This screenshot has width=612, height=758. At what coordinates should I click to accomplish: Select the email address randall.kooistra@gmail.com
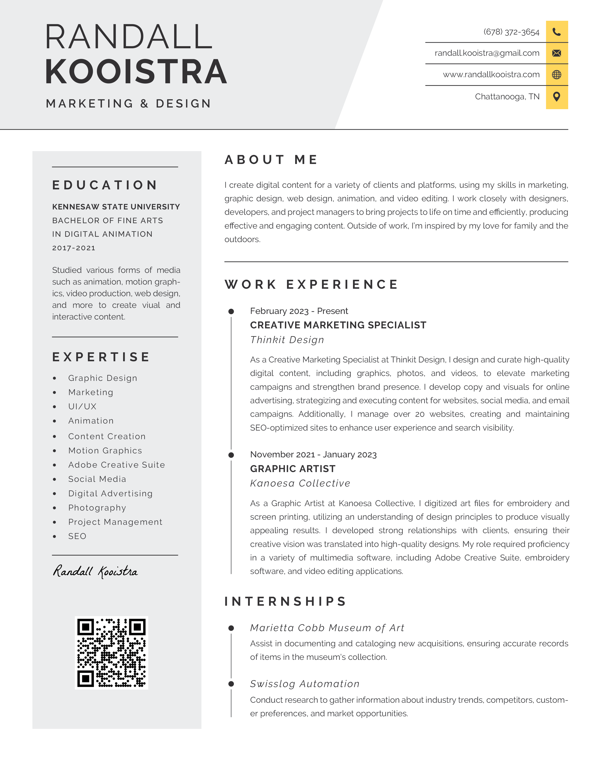pyautogui.click(x=487, y=53)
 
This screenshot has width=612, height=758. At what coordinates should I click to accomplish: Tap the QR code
pyautogui.click(x=111, y=653)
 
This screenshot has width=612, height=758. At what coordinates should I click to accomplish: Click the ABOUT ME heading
pyautogui.click(x=271, y=160)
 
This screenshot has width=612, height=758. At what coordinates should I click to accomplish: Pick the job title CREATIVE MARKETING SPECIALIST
pyautogui.click(x=338, y=325)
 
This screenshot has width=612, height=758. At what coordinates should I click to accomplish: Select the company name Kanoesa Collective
pyautogui.click(x=300, y=483)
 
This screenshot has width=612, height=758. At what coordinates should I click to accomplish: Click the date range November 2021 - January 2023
pyautogui.click(x=313, y=455)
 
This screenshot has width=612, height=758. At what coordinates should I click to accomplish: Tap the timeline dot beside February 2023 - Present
pyautogui.click(x=231, y=311)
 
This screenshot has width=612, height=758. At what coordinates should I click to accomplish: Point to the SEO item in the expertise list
pyautogui.click(x=77, y=536)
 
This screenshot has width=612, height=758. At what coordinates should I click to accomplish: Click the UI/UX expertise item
pyautogui.click(x=82, y=406)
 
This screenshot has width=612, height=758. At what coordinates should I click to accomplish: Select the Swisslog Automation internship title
pyautogui.click(x=304, y=684)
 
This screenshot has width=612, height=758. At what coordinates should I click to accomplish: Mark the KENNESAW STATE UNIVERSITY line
pyautogui.click(x=116, y=207)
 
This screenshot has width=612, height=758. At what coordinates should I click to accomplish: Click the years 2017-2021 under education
pyautogui.click(x=74, y=248)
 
